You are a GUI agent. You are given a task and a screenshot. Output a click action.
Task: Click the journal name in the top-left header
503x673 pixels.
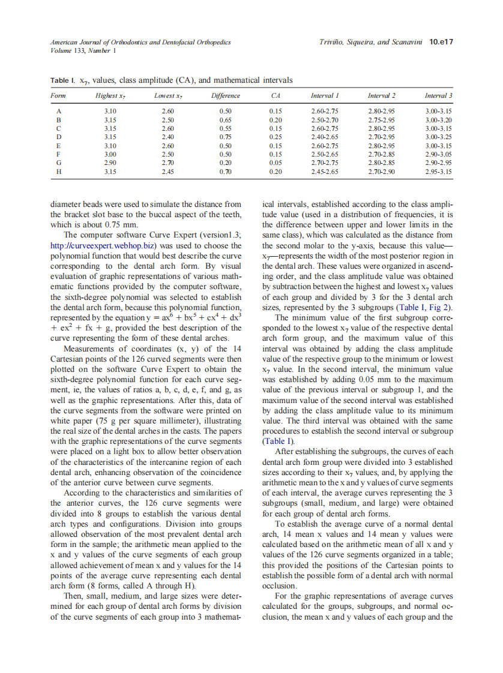[x=140, y=42]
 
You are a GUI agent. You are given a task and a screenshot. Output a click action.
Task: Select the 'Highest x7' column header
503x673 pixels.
[x=110, y=96]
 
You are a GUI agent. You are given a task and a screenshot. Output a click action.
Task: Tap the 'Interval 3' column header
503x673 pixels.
[x=438, y=96]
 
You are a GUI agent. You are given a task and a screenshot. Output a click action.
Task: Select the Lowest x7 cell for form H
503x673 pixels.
[x=168, y=171]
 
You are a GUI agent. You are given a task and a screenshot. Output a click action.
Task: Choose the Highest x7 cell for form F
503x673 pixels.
[x=110, y=154]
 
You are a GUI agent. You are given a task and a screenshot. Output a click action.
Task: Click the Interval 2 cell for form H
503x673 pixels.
[x=381, y=171]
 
